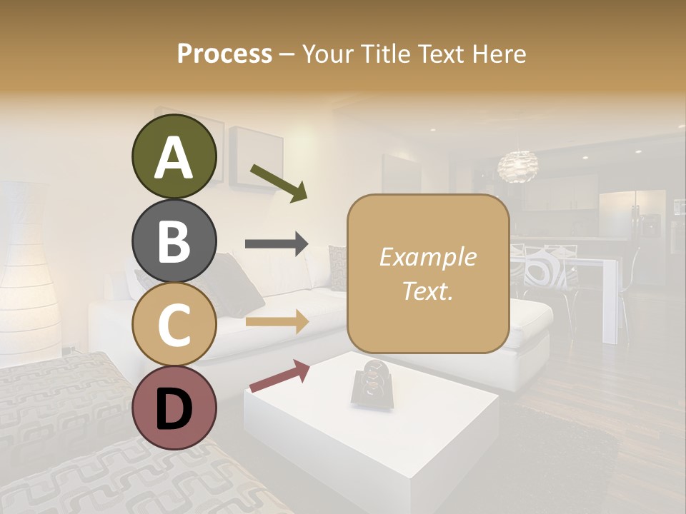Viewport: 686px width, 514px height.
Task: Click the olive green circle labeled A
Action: [174, 157]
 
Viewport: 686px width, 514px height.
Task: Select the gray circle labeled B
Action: [174, 241]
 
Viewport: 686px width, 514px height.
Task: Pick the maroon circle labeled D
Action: [174, 408]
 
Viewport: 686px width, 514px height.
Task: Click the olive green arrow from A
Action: [279, 182]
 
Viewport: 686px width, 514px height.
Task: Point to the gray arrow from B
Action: [277, 244]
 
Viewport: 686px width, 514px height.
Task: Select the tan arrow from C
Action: [277, 322]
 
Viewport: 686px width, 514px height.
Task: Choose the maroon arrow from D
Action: [279, 376]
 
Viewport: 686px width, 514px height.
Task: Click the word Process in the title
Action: [224, 54]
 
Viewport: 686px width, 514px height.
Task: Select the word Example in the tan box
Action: [427, 257]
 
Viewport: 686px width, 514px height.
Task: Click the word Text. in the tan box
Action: [427, 291]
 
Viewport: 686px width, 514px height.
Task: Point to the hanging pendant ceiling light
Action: [519, 166]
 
